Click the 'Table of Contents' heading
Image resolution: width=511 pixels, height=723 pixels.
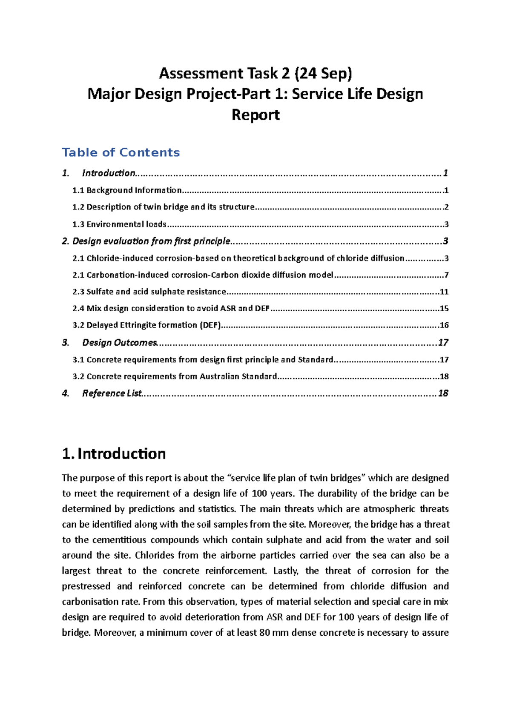tap(121, 152)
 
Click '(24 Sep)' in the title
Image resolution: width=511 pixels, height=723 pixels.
tap(322, 74)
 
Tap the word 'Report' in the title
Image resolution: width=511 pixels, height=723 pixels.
tap(255, 115)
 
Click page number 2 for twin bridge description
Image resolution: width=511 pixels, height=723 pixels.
tap(446, 207)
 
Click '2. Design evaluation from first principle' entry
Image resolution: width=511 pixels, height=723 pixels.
tap(146, 241)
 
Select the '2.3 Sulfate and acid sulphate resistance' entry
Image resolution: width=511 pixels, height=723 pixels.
tap(149, 292)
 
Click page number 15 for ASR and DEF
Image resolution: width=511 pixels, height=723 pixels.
tap(444, 308)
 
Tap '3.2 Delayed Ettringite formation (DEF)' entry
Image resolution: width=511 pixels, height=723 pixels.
tap(147, 325)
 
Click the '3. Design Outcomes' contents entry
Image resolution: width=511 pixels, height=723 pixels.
tap(119, 343)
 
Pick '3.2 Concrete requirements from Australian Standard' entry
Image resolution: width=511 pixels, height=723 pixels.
tap(175, 376)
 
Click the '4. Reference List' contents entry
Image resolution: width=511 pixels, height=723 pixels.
tap(111, 393)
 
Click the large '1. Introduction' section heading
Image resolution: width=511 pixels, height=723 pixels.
tap(114, 454)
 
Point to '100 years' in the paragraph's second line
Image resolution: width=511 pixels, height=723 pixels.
tap(272, 494)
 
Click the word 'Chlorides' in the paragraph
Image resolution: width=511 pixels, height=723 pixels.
tap(155, 556)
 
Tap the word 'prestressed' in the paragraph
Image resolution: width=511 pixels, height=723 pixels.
tap(86, 586)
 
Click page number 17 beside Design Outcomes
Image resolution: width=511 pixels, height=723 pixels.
tap(443, 343)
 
